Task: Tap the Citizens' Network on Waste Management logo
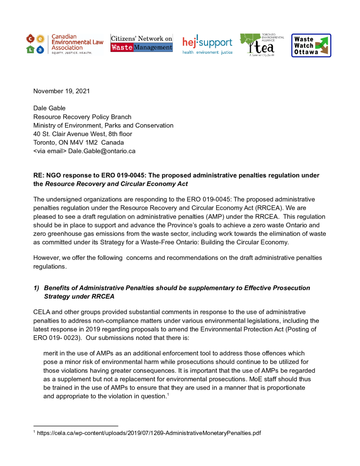pos(142,43)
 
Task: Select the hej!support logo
pos(207,45)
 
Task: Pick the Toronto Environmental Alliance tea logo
pos(261,45)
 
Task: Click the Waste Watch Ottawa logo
pos(311,46)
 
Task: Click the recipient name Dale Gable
pos(50,108)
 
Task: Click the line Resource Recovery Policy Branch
pos(82,117)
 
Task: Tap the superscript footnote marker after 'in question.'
pos(168,394)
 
